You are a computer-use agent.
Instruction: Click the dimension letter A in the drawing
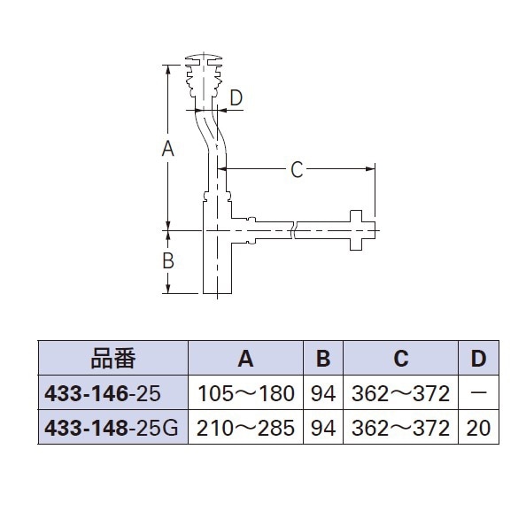click(x=167, y=150)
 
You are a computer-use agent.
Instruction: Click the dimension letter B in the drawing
click(x=167, y=261)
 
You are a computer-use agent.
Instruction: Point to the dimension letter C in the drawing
click(x=298, y=168)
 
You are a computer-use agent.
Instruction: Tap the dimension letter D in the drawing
click(x=235, y=98)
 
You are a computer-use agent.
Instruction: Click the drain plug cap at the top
click(x=209, y=60)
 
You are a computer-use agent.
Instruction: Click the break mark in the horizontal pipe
click(x=291, y=233)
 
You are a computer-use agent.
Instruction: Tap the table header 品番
click(x=115, y=358)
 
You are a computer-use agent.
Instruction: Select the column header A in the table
click(x=245, y=358)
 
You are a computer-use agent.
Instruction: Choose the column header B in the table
click(x=323, y=358)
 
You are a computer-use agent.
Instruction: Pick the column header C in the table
click(x=400, y=358)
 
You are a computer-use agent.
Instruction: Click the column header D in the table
click(x=478, y=358)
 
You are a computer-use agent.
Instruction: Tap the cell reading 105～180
click(x=245, y=391)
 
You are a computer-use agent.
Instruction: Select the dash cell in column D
click(x=478, y=391)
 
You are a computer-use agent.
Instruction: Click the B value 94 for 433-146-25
click(x=323, y=391)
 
